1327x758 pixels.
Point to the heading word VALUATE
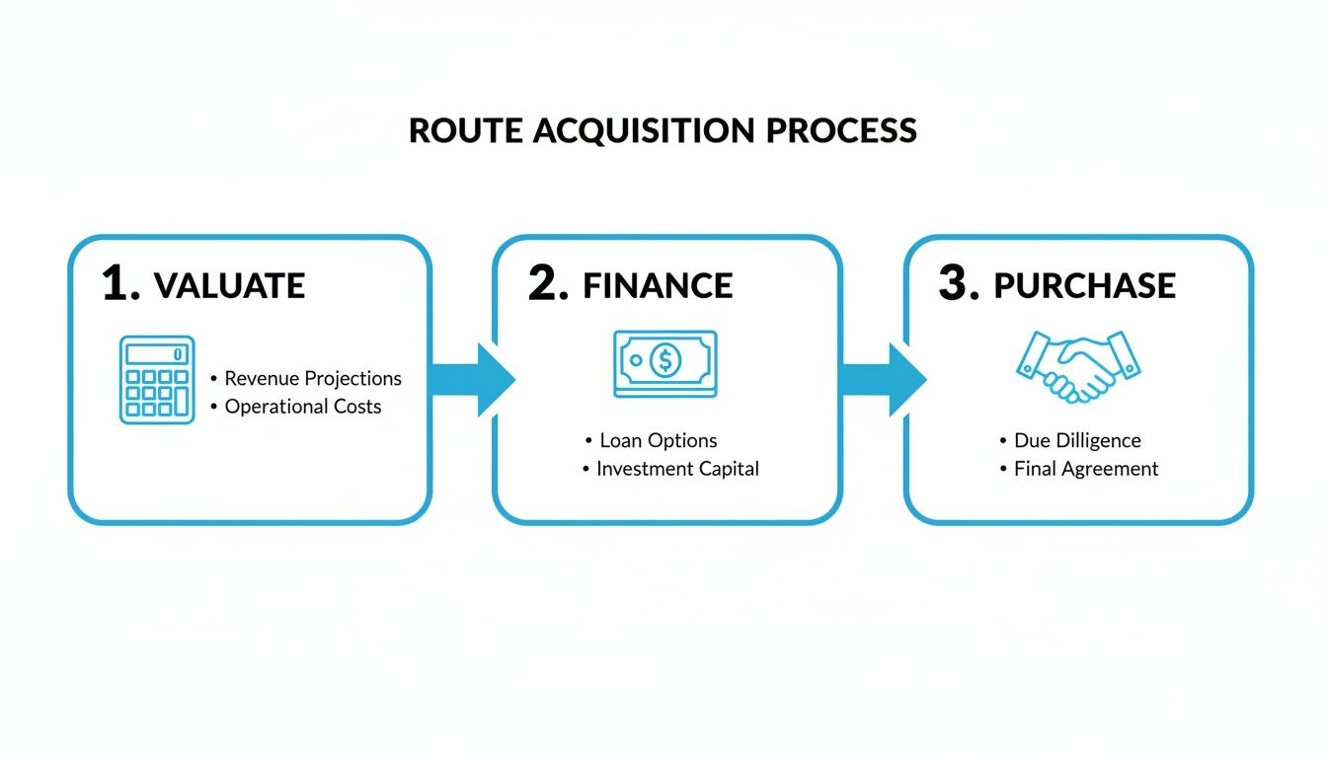230,286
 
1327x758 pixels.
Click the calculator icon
156,380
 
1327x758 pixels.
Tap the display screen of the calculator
156,353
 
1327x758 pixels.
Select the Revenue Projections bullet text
313,379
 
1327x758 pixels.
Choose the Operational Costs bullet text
303,407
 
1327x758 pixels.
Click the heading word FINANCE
658,286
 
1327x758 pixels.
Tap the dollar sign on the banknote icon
665,362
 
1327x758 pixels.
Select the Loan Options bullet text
659,441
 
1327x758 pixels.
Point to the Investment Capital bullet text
677,469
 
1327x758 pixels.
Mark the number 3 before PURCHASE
958,284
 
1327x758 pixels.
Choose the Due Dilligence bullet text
1077,441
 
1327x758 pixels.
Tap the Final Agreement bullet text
1086,469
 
